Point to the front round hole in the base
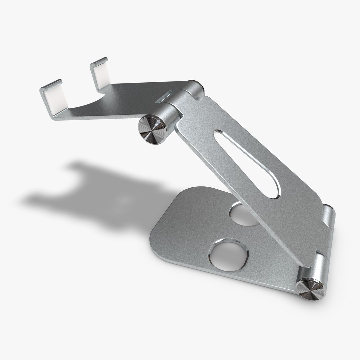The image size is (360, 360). click(x=228, y=254)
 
